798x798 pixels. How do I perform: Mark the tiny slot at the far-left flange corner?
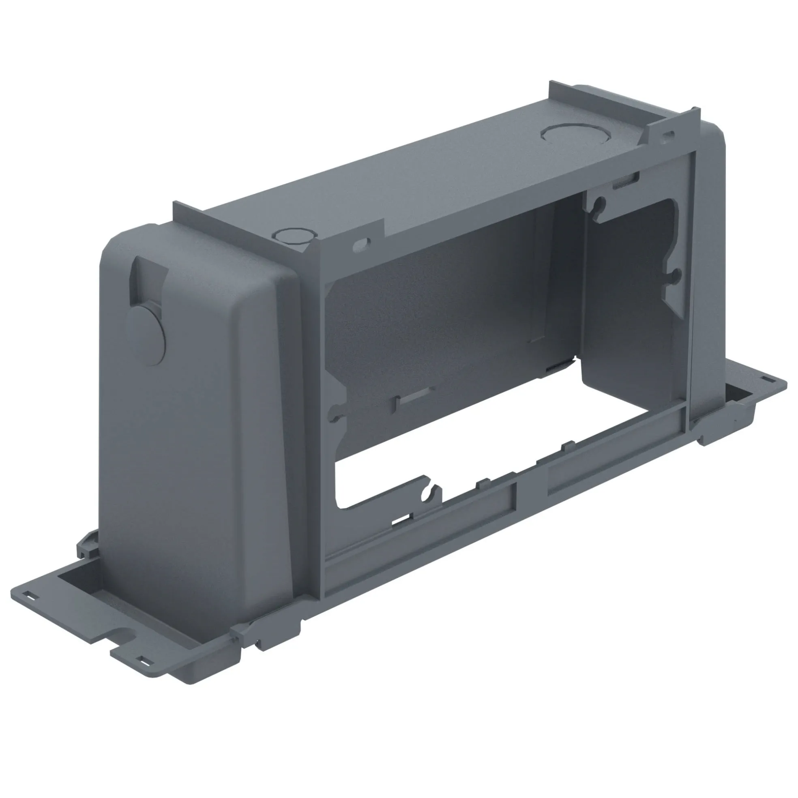30,596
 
